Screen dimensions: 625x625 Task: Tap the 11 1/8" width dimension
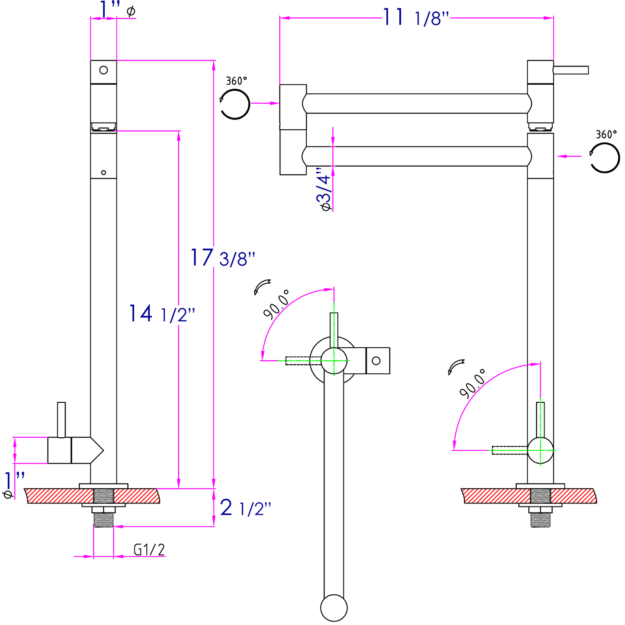point(416,18)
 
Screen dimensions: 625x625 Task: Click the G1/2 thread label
point(149,550)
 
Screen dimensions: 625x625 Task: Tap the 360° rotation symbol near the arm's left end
point(235,104)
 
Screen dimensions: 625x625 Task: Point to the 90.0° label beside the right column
point(472,383)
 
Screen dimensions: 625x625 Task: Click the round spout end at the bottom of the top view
point(334,608)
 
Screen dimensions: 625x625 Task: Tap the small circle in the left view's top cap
point(103,70)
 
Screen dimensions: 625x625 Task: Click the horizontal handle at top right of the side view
point(571,70)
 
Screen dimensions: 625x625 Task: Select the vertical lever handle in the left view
point(61,420)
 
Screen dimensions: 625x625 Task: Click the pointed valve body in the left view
point(87,450)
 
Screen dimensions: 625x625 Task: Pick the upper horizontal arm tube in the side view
point(417,104)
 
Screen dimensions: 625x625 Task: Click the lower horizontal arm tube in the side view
point(417,157)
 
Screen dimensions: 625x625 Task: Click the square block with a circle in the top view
point(378,361)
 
